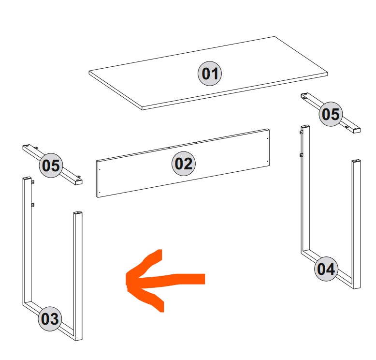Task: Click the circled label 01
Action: click(210, 74)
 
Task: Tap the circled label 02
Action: click(184, 164)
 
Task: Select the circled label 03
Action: click(50, 319)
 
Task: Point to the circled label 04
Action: click(326, 269)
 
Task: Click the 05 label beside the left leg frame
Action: click(51, 165)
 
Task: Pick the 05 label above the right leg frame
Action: click(331, 114)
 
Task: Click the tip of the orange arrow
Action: click(126, 280)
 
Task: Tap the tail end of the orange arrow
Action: click(204, 279)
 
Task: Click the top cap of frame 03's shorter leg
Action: click(78, 213)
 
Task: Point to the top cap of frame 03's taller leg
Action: click(27, 179)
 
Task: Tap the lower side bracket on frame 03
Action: click(32, 205)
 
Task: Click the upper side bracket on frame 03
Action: click(32, 182)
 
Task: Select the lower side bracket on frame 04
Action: click(301, 155)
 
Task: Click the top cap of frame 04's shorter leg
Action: click(356, 161)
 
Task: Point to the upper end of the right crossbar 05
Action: click(305, 95)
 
